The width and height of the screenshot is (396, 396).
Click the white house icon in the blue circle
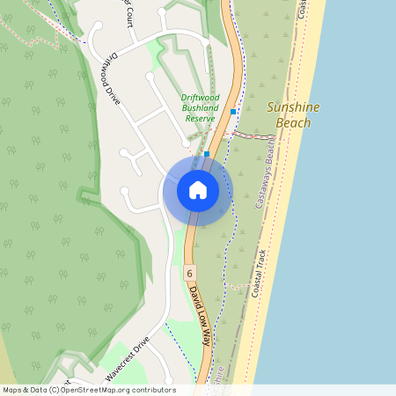coord(197,189)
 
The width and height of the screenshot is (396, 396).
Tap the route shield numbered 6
coord(189,274)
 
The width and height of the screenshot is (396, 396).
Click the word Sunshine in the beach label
coord(293,107)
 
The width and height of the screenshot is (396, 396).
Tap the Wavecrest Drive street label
coord(128,360)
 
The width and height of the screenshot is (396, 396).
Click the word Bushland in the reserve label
coord(199,107)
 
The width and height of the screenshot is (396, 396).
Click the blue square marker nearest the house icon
coord(207,154)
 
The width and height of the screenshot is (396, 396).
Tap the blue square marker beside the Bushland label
coord(232,112)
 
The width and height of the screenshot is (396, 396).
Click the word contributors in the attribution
coord(154,390)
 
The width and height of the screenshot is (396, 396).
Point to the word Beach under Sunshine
coord(293,123)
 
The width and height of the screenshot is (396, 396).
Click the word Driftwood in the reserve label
coord(199,97)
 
